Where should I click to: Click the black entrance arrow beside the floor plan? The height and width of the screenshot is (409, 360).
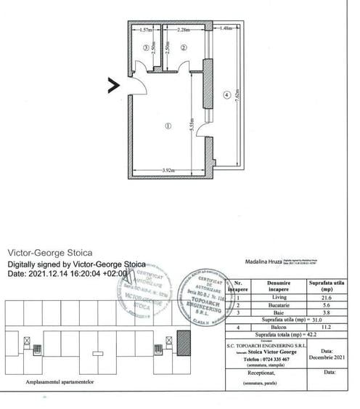[x=114, y=85]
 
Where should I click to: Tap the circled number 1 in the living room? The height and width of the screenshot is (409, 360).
[x=168, y=125]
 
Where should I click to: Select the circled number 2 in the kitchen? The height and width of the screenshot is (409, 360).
[x=184, y=47]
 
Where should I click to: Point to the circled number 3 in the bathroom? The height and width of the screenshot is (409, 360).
[x=147, y=47]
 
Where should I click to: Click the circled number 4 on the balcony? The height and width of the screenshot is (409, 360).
[x=226, y=94]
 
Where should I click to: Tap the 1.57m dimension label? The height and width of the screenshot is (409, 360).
[x=145, y=31]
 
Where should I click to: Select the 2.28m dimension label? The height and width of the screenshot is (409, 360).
[x=184, y=31]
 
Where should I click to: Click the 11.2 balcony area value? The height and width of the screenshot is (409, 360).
[x=327, y=327]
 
